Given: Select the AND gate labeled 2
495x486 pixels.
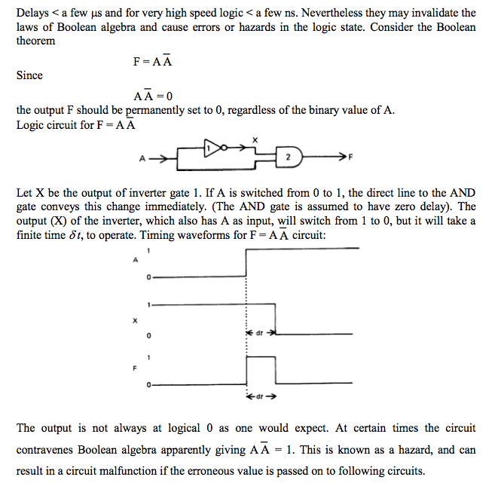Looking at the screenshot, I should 287,157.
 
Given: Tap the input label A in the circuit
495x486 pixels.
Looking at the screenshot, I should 141,158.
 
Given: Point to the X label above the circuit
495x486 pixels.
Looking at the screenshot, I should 255,139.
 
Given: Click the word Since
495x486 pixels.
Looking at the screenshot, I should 29,75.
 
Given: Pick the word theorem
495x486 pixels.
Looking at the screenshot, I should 35,41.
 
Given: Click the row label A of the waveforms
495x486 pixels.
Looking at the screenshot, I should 136,260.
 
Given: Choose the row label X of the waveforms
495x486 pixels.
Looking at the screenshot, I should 136,320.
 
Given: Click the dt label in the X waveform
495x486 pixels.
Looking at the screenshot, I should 258,332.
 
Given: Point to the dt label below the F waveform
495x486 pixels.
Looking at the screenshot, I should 258,396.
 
